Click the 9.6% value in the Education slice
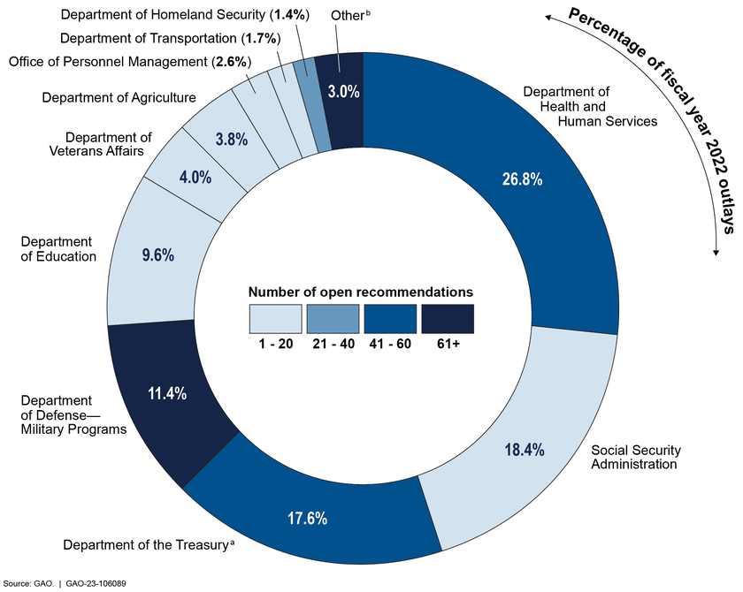tap(158, 255)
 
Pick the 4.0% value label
tap(195, 177)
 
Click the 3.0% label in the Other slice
tap(340, 90)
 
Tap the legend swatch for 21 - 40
tap(333, 319)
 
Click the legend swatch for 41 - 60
tap(390, 319)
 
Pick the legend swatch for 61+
tap(448, 319)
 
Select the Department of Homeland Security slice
tap(323, 106)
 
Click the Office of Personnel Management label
tap(129, 61)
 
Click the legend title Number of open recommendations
tap(361, 292)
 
